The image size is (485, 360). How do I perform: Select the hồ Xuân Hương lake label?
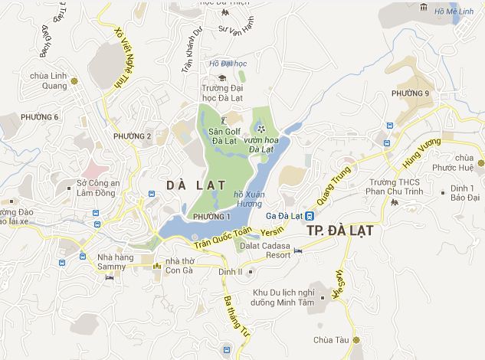[x=250, y=200]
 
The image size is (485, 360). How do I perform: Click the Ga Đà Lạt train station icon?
[x=308, y=215]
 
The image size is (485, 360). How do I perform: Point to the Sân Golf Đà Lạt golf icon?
[x=224, y=119]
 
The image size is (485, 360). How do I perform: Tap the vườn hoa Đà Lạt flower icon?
[x=261, y=129]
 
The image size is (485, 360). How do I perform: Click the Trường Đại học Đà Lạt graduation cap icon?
[x=221, y=77]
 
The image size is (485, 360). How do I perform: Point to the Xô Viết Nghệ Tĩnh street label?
[x=123, y=57]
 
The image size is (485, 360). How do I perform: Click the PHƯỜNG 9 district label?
[x=411, y=93]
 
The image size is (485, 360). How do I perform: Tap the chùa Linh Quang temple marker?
[x=74, y=80]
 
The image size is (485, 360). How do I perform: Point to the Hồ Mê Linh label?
[x=454, y=11]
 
